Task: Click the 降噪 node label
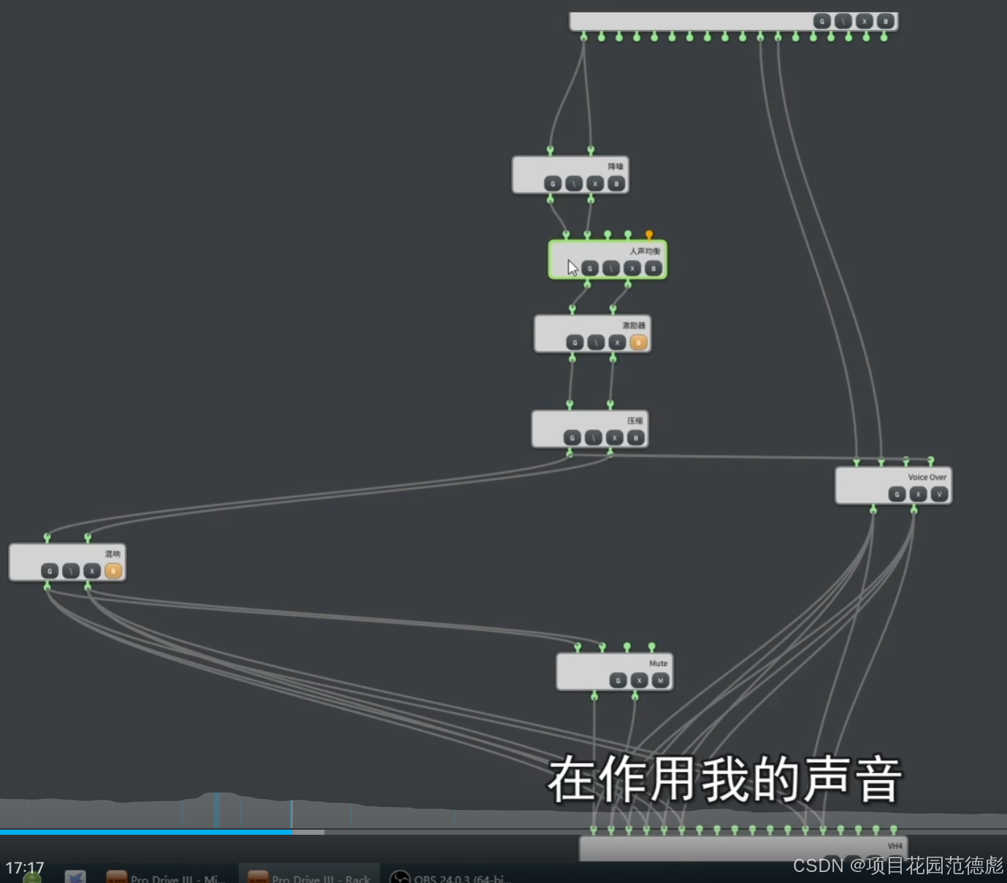[x=616, y=167]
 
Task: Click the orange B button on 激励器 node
[x=638, y=343]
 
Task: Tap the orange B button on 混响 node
[x=113, y=571]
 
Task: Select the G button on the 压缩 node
[x=572, y=438]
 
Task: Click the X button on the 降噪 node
[x=595, y=184]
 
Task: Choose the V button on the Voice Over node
[x=939, y=494]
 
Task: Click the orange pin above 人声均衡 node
[x=648, y=234]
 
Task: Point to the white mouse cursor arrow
[x=573, y=268]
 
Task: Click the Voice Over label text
[x=927, y=477]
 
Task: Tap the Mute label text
[x=658, y=663]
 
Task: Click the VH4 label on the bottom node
[x=895, y=846]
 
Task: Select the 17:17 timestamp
[x=25, y=868]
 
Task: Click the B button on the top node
[x=885, y=22]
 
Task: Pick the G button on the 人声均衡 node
[x=590, y=269]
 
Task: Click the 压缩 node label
[x=635, y=421]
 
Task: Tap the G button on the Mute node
[x=618, y=681]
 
